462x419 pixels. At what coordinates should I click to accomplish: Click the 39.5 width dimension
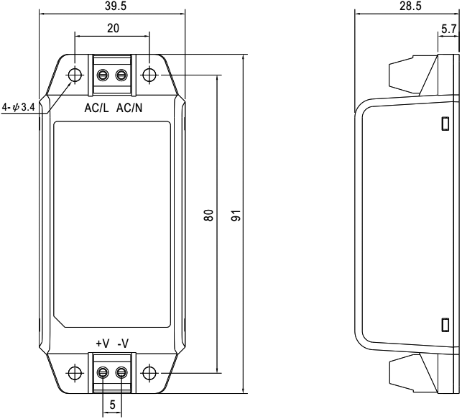coord(115,6)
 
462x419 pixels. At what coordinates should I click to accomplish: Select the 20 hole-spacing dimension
coord(113,28)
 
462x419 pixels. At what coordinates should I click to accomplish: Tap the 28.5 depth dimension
coord(410,6)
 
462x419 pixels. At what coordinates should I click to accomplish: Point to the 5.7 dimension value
coord(449,29)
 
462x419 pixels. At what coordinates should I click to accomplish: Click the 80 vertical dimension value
coord(208,215)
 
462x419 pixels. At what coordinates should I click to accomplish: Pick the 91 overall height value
coord(236,215)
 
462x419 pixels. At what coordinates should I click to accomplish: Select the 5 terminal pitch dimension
coord(112,405)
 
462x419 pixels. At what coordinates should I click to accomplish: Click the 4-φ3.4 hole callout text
coord(19,106)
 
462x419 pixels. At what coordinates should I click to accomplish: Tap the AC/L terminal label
coord(96,108)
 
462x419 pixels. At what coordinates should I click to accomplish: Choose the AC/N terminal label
coord(129,108)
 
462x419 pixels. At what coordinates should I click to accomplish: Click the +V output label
coord(103,344)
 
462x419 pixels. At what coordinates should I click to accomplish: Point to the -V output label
coord(123,344)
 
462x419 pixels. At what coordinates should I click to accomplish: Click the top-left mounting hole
coord(75,75)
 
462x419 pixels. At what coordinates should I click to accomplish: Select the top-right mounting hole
coord(149,75)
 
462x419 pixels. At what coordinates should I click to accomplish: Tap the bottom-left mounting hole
coord(75,373)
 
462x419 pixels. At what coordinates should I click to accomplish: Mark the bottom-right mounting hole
coord(149,373)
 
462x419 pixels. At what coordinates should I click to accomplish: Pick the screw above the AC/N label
coord(121,75)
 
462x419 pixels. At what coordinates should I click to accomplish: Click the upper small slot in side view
coord(445,124)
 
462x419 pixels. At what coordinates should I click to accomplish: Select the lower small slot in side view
coord(445,324)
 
